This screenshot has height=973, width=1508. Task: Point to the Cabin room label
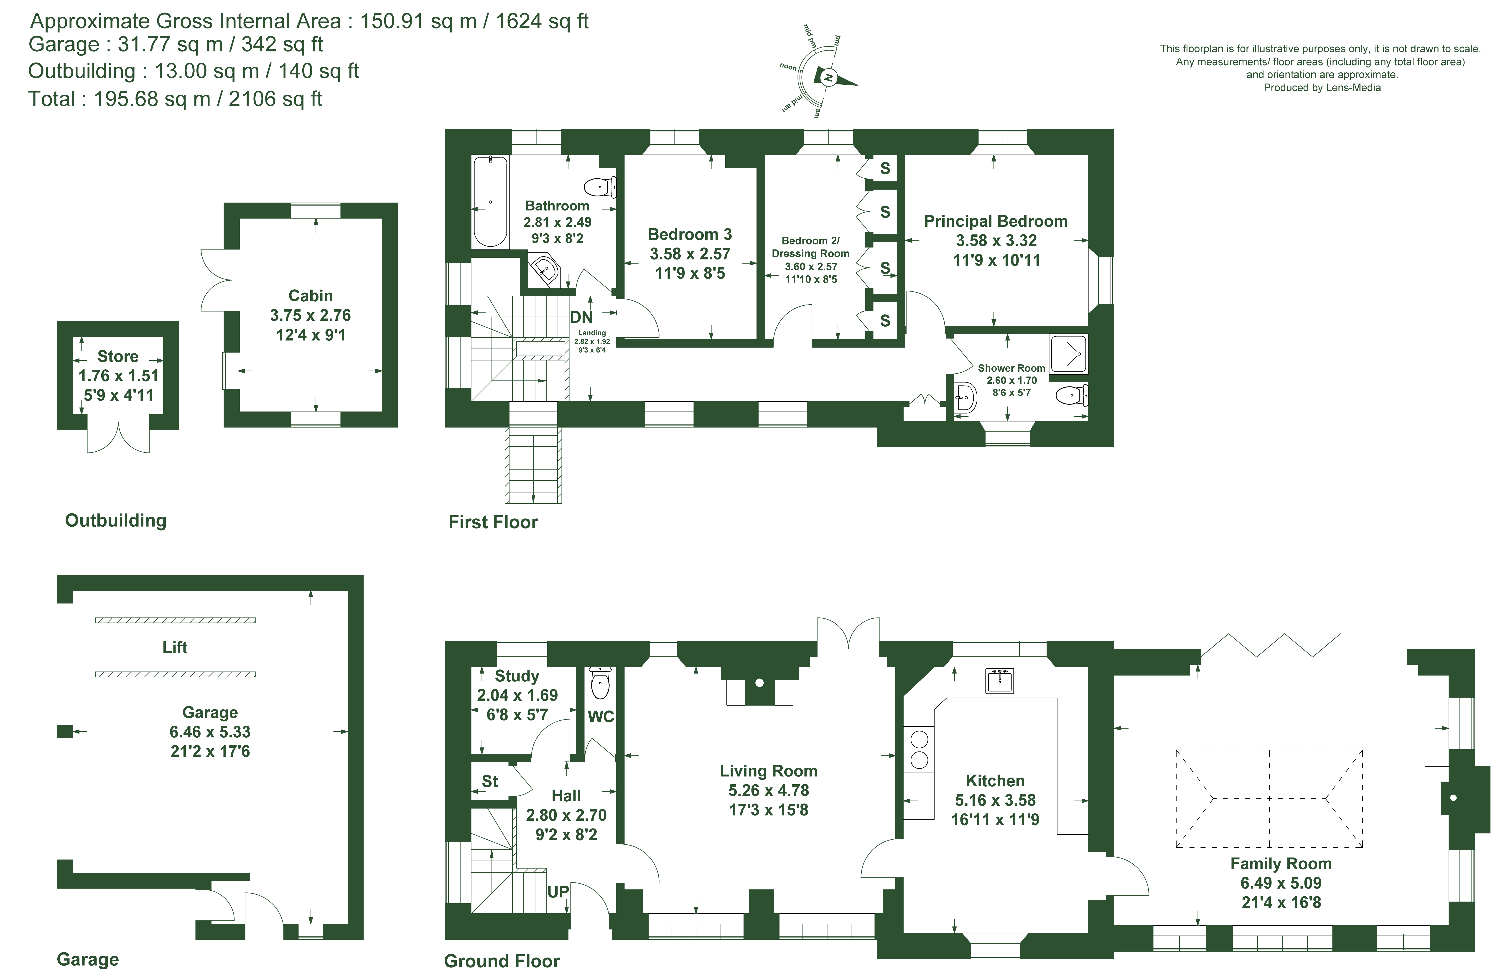pyautogui.click(x=310, y=296)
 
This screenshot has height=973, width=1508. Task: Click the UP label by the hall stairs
pyautogui.click(x=558, y=892)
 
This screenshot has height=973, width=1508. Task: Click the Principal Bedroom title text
pyautogui.click(x=996, y=221)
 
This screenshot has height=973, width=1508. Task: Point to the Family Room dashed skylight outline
pyautogui.click(x=1269, y=799)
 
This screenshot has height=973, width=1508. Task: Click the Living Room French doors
pyautogui.click(x=848, y=632)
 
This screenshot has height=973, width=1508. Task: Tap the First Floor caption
pyautogui.click(x=493, y=522)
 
